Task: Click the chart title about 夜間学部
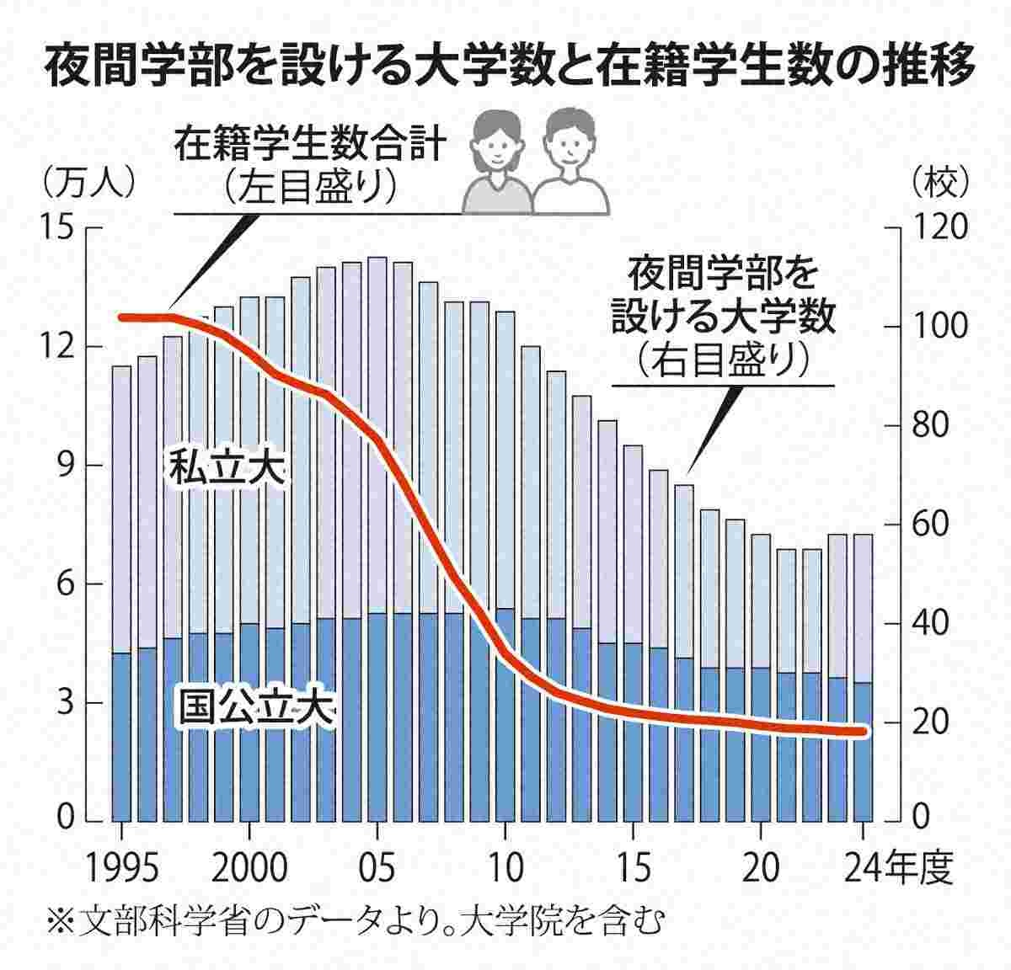505,67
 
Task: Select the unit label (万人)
84,179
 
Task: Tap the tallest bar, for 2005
377,539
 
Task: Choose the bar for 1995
122,589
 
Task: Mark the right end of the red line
862,732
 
